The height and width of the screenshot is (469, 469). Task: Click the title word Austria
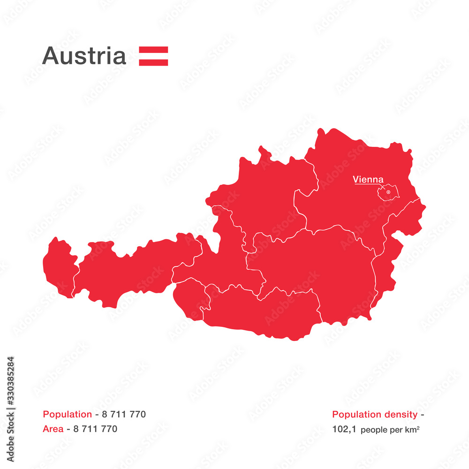pos(84,56)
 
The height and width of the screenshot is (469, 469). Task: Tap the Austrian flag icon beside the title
pos(153,56)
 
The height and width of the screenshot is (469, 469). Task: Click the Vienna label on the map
pos(368,179)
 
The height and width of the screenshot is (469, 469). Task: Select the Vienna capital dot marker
pos(388,192)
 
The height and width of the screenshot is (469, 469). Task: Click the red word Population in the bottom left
pos(67,414)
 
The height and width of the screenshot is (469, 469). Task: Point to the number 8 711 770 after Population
pos(124,414)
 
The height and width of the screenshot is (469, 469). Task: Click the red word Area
pos(53,429)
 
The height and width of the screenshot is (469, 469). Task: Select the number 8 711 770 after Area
pos(95,429)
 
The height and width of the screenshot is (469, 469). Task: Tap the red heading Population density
pos(374,414)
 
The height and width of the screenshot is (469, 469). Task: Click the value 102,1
pos(343,429)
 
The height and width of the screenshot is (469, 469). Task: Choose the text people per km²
pos(390,429)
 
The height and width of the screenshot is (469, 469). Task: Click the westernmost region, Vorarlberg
pos(59,267)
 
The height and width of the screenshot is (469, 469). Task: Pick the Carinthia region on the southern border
pos(263,312)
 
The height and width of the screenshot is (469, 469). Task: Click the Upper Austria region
pos(263,197)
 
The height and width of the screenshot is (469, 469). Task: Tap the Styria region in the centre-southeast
pos(319,267)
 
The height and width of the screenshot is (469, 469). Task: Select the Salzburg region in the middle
pos(225,263)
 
